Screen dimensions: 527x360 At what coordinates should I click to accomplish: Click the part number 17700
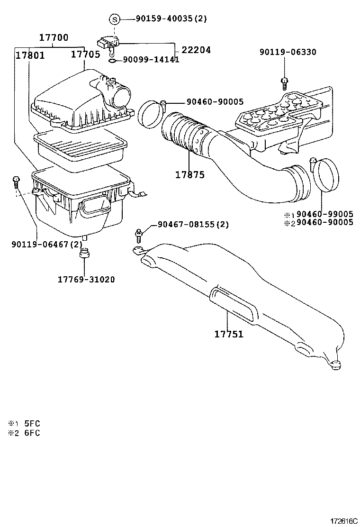(x=53, y=38)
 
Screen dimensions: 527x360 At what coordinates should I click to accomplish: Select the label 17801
(x=30, y=55)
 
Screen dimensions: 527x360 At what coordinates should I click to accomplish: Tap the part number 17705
(x=85, y=55)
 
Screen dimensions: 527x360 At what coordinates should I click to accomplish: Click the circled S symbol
(x=114, y=19)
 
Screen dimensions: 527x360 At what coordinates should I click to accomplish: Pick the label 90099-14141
(x=151, y=60)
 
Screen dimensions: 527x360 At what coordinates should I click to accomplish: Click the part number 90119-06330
(x=288, y=53)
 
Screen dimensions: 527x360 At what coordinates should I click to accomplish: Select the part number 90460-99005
(x=324, y=214)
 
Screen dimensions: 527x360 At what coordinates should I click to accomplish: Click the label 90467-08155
(x=187, y=224)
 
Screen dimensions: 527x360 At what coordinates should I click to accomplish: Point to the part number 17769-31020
(x=86, y=280)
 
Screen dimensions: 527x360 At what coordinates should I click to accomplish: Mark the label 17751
(x=229, y=334)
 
